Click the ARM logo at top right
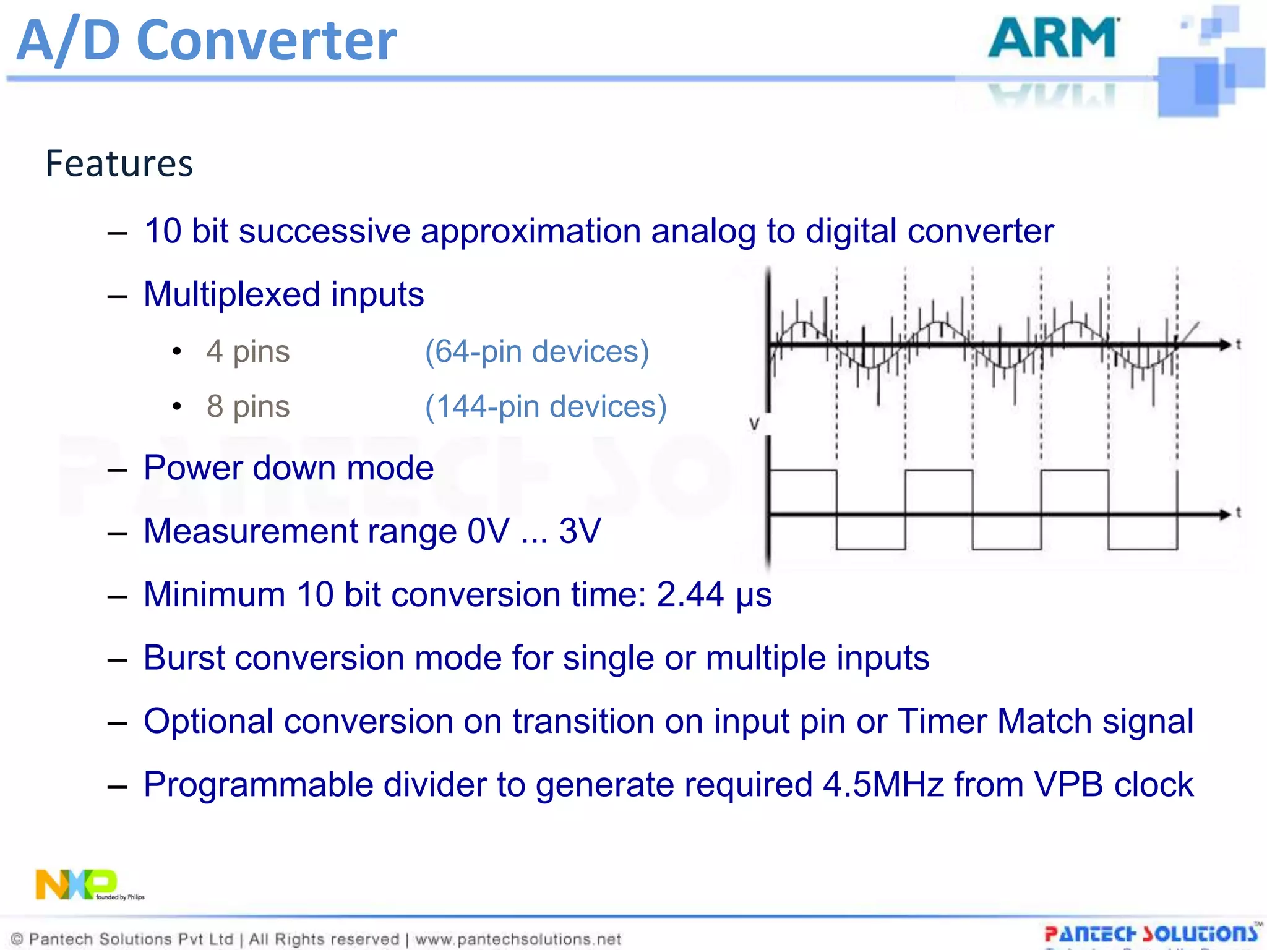tap(1053, 38)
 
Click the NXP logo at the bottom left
tap(77, 884)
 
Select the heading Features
tap(119, 164)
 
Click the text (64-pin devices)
tap(536, 351)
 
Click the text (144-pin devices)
tap(546, 406)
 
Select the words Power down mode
tap(288, 468)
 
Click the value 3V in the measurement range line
tap(580, 531)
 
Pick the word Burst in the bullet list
tap(184, 657)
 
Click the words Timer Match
tap(994, 721)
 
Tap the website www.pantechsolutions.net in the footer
tap(518, 939)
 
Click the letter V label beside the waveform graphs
tap(754, 424)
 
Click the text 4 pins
tap(248, 351)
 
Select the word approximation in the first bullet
tap(530, 231)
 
